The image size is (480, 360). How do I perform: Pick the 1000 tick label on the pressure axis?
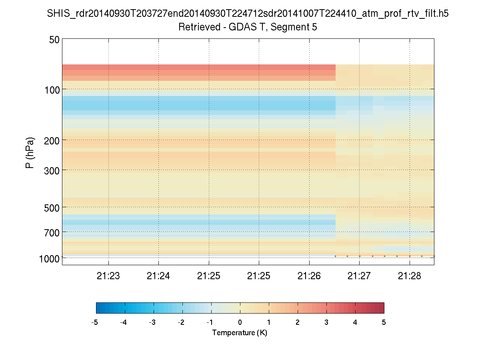(50, 258)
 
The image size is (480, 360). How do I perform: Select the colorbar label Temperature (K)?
(240, 333)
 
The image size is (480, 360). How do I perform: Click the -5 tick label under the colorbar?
(95, 322)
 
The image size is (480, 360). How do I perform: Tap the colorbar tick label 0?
(240, 322)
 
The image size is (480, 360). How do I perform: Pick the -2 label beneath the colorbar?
(182, 322)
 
